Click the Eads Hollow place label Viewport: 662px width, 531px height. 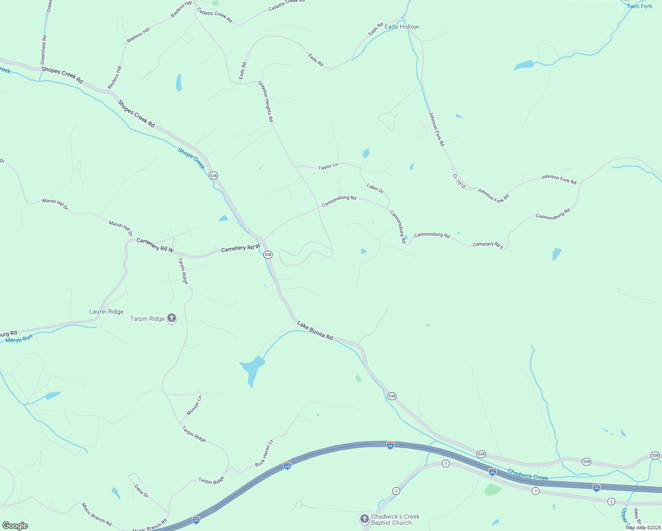[401, 27]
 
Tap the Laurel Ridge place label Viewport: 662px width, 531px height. [106, 312]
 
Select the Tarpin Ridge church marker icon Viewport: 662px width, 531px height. [172, 318]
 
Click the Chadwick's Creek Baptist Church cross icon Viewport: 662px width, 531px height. [364, 519]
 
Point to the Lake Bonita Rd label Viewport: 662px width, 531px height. [315, 331]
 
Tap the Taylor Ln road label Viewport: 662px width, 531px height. [328, 166]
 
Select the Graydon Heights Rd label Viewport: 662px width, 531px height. [266, 102]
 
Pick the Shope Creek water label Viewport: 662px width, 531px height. [192, 158]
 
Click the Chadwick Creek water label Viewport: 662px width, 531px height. [528, 475]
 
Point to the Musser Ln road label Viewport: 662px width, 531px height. [194, 405]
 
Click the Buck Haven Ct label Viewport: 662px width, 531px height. [264, 453]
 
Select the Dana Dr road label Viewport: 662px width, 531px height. [141, 491]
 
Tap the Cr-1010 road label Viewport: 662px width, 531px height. [459, 181]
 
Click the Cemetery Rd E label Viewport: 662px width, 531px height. [488, 245]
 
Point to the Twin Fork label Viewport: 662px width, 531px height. [639, 6]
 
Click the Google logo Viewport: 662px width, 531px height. [15, 526]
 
